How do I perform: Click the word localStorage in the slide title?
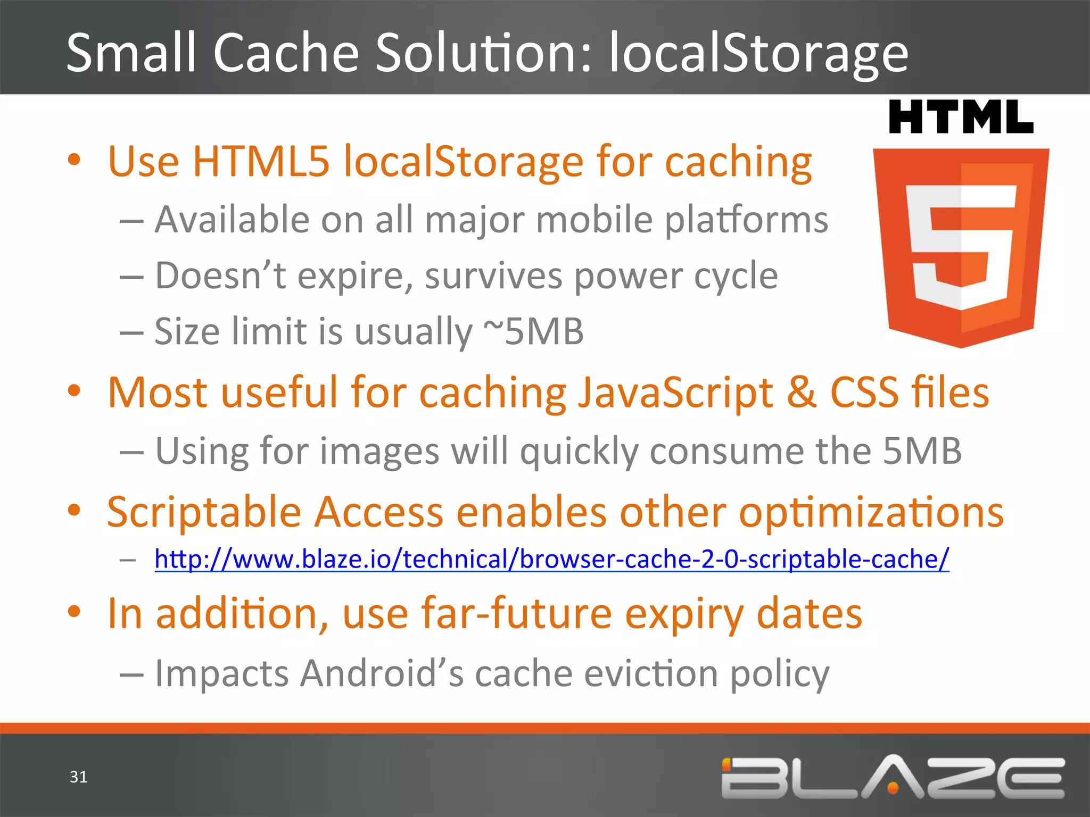pos(758,53)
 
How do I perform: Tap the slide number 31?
pos(78,777)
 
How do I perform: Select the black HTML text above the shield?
pos(961,117)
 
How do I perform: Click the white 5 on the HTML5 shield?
pos(961,247)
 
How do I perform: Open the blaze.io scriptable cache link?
pos(551,559)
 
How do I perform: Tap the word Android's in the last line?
pos(381,673)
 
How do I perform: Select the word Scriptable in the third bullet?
pos(204,512)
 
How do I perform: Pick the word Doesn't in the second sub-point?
pos(220,276)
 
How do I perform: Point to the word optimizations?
pos(871,512)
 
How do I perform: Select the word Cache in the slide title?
pos(286,53)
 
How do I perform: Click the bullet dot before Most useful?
pos(74,391)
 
